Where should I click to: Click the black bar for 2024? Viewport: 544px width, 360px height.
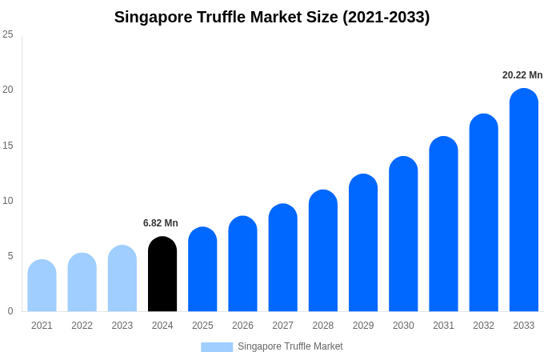pyautogui.click(x=162, y=274)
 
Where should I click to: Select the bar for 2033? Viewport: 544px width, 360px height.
pyautogui.click(x=524, y=200)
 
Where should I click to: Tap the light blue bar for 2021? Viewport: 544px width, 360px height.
pyautogui.click(x=42, y=286)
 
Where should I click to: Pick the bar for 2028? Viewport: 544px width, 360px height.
pyautogui.click(x=323, y=251)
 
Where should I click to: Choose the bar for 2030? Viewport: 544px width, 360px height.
pyautogui.click(x=403, y=234)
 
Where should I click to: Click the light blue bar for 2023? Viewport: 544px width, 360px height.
pyautogui.click(x=122, y=278)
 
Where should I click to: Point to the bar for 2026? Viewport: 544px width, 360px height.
pyautogui.click(x=242, y=264)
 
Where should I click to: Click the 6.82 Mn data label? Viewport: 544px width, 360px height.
pyautogui.click(x=161, y=223)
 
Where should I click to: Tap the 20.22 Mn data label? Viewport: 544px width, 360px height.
pyautogui.click(x=522, y=75)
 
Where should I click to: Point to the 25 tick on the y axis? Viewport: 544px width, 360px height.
pyautogui.click(x=8, y=34)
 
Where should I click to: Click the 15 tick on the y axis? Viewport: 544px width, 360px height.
pyautogui.click(x=8, y=145)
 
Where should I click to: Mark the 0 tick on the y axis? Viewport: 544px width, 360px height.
pyautogui.click(x=10, y=311)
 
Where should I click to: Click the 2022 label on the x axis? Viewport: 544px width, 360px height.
pyautogui.click(x=82, y=326)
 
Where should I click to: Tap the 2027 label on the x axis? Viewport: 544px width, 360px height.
pyautogui.click(x=282, y=326)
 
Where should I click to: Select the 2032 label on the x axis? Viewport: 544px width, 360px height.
pyautogui.click(x=483, y=326)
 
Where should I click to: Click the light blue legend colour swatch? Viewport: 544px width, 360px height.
pyautogui.click(x=217, y=347)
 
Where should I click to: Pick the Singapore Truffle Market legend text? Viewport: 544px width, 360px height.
pyautogui.click(x=290, y=346)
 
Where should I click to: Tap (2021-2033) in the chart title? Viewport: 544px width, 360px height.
pyautogui.click(x=386, y=17)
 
